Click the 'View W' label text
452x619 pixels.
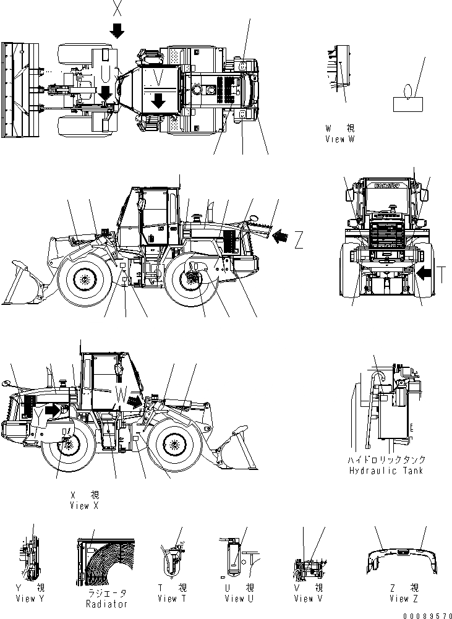point(339,140)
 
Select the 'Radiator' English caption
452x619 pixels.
point(108,604)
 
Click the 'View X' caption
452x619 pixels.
point(85,506)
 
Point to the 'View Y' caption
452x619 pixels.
point(34,599)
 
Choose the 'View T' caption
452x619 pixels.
point(167,599)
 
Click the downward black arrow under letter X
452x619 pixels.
point(117,28)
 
